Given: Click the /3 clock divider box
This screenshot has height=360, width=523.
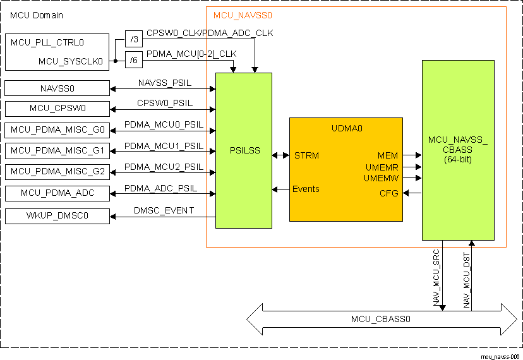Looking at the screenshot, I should click(x=133, y=38).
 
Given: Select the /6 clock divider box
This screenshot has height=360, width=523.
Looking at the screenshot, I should click(x=133, y=61).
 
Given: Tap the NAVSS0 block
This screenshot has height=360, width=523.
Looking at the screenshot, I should click(x=57, y=88).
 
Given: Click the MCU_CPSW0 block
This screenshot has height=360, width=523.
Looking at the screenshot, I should click(x=57, y=109).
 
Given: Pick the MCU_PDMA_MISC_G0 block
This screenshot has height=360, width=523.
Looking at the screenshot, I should click(x=57, y=131).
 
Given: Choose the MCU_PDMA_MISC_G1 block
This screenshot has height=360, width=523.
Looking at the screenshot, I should click(x=57, y=151).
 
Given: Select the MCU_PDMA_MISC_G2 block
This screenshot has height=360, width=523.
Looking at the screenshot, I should click(x=57, y=171).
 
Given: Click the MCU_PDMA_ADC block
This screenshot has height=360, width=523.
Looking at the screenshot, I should click(x=57, y=193).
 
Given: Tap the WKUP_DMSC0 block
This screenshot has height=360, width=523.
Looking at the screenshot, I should click(x=57, y=217).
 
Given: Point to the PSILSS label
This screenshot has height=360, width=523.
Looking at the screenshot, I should click(x=243, y=151).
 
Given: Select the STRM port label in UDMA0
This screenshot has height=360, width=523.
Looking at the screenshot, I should click(x=306, y=155).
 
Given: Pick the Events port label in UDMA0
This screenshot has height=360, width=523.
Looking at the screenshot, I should click(x=306, y=189).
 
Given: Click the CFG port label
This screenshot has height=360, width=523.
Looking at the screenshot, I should click(x=388, y=193).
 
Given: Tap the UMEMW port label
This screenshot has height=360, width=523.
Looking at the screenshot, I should click(x=381, y=179).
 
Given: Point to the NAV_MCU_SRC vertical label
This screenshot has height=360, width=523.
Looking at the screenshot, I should click(x=436, y=279).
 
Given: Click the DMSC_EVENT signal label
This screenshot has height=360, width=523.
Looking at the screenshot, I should click(x=164, y=210).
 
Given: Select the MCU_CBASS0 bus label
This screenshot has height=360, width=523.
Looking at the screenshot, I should click(x=381, y=319).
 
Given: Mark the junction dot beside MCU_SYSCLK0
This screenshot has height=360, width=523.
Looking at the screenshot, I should click(x=115, y=61).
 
